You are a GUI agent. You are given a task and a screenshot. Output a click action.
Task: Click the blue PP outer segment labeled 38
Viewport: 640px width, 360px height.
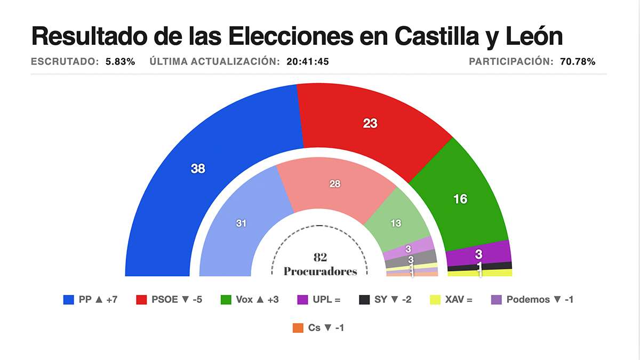tap(197, 169)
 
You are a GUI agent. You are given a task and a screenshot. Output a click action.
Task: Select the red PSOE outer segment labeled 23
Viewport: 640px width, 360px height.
tap(370, 123)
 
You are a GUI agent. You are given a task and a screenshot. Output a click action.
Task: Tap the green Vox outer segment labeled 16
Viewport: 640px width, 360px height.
tap(460, 199)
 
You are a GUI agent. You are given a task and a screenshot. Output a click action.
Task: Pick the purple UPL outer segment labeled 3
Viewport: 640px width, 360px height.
tap(479, 253)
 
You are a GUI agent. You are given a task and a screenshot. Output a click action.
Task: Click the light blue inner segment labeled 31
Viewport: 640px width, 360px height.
tap(241, 223)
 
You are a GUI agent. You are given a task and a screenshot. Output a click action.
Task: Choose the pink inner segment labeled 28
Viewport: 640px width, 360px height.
tap(335, 184)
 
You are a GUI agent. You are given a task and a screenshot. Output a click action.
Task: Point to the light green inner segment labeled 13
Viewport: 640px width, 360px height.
tap(396, 223)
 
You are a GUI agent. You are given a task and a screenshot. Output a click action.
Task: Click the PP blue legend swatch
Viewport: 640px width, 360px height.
tap(68, 300)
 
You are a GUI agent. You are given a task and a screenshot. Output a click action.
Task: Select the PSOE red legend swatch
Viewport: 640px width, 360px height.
tap(141, 300)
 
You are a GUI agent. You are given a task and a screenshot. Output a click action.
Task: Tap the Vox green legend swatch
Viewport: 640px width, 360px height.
tap(226, 300)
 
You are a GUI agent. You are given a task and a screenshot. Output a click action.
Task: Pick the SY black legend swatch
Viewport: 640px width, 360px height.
tap(364, 300)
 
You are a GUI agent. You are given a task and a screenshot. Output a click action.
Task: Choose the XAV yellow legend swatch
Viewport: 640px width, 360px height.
tap(435, 300)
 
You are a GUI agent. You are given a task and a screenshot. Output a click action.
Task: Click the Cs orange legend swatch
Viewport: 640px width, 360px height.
tap(298, 328)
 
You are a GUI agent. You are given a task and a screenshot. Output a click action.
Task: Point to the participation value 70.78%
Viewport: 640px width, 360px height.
tap(578, 61)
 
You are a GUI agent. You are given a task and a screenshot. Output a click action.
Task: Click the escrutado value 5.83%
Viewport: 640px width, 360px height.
tap(120, 61)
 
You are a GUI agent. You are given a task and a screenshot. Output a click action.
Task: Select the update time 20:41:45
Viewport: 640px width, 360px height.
tap(307, 61)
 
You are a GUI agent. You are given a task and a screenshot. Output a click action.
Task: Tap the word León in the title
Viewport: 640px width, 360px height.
tap(531, 36)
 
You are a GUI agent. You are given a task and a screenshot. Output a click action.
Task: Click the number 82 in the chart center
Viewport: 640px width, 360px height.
tap(320, 258)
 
